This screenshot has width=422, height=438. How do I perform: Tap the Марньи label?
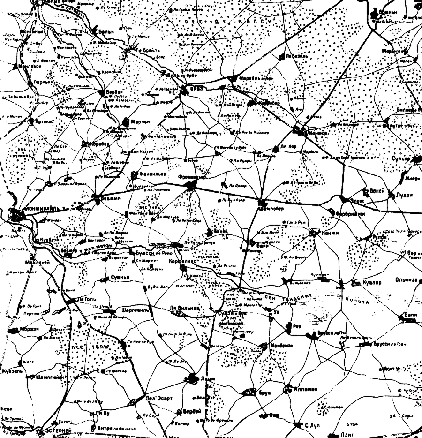click(140, 121)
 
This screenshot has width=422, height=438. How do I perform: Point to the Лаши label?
click(208, 378)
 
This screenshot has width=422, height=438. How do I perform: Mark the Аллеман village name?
click(305, 389)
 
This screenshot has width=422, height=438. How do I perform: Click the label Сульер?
click(401, 159)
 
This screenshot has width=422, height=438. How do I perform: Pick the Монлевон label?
click(31, 66)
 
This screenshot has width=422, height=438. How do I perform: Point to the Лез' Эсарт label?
click(159, 398)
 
